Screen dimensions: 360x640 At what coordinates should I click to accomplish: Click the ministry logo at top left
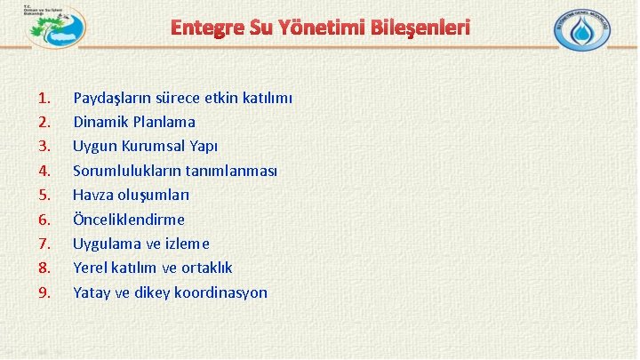[x=55, y=28]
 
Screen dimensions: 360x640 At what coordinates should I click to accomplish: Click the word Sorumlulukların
[x=129, y=170]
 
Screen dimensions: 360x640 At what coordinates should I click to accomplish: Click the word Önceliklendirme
[x=129, y=219]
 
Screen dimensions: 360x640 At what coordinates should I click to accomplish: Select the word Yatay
[x=92, y=292]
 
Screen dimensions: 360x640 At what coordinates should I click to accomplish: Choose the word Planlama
[x=165, y=122]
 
